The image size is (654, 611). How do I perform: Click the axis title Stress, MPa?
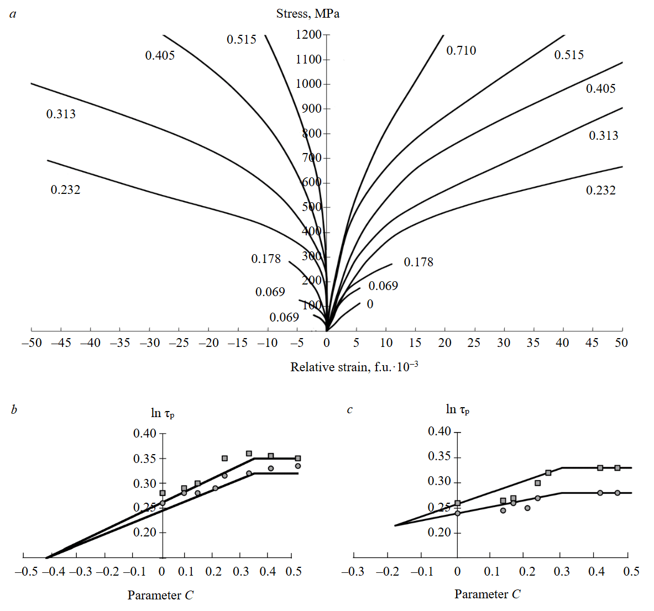(x=307, y=14)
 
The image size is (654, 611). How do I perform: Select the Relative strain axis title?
(x=354, y=367)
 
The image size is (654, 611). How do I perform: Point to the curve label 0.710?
(x=461, y=51)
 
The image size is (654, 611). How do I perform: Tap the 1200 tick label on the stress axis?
(x=308, y=35)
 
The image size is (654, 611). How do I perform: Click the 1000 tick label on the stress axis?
(x=308, y=84)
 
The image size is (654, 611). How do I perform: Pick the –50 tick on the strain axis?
(x=32, y=343)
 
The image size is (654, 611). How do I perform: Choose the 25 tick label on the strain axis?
(x=474, y=343)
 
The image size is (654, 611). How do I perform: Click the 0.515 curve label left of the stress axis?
(x=242, y=39)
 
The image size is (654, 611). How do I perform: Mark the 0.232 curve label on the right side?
(x=600, y=191)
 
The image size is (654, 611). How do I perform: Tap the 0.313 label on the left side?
(x=61, y=114)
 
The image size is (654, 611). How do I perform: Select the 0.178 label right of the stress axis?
(x=418, y=262)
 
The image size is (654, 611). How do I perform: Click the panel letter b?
(x=14, y=410)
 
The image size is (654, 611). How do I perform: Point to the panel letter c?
(x=349, y=410)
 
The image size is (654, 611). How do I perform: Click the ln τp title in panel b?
(x=163, y=413)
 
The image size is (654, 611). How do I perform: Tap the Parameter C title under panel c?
(x=487, y=594)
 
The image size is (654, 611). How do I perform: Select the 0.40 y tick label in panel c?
(x=440, y=431)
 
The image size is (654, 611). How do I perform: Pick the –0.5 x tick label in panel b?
(x=26, y=571)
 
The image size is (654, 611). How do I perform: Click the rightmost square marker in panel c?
(x=618, y=468)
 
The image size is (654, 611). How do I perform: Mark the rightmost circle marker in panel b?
(x=297, y=466)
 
